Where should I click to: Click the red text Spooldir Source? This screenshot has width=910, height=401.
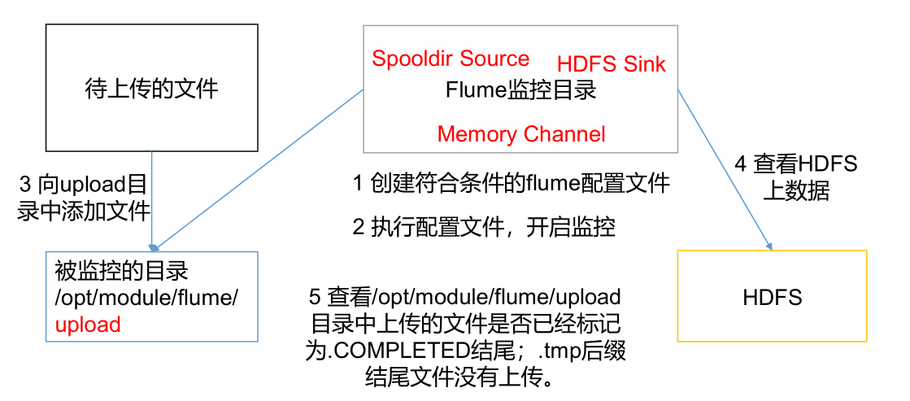click(x=451, y=59)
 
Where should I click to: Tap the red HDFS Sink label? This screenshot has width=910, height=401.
click(x=611, y=64)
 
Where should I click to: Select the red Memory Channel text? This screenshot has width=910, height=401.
click(x=521, y=134)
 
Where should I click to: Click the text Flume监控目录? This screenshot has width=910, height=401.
click(x=520, y=89)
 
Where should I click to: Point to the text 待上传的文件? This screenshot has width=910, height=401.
click(x=152, y=88)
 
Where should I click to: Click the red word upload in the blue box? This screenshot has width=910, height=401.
click(x=88, y=325)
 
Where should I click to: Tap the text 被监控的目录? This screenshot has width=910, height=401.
click(x=122, y=270)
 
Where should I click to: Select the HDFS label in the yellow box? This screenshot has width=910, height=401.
click(x=772, y=297)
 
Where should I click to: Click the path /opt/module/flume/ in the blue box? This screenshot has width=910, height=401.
click(x=146, y=298)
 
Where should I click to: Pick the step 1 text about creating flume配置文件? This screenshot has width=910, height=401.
click(x=512, y=184)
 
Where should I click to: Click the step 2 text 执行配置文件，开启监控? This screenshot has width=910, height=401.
click(x=484, y=227)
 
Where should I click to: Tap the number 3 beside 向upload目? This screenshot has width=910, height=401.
click(x=24, y=183)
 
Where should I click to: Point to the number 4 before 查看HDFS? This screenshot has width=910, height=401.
click(x=741, y=163)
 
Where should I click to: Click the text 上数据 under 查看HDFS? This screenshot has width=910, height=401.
click(x=795, y=191)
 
